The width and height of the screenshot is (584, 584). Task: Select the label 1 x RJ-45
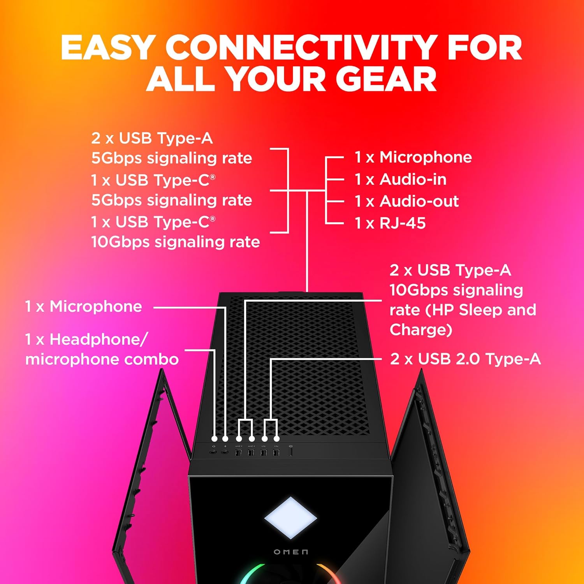(390, 223)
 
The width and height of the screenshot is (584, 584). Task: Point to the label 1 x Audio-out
(406, 201)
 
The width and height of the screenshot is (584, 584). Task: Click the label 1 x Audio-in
(400, 179)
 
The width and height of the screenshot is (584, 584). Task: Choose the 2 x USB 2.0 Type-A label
(465, 359)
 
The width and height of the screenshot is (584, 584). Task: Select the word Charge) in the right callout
(421, 330)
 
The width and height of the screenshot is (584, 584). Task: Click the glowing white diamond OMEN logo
(290, 518)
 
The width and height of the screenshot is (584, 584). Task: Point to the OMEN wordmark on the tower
(291, 552)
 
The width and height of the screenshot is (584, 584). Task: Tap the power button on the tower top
(291, 452)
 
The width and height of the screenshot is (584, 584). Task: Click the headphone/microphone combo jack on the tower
(213, 452)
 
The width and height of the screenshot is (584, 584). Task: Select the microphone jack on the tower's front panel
(225, 452)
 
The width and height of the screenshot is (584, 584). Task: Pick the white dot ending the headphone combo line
(214, 439)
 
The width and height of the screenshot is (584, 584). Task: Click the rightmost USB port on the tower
(276, 452)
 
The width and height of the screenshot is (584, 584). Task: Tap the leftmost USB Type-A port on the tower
(239, 452)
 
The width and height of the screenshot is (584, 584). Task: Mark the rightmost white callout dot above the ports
(277, 439)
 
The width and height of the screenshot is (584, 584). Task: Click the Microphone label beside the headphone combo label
(96, 307)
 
